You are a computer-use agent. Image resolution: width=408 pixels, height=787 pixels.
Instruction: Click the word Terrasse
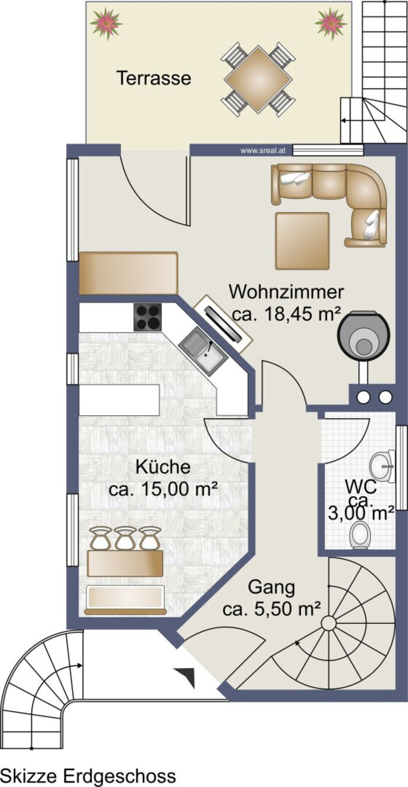[x=154, y=78]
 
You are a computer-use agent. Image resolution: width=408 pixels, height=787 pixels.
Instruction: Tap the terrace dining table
[x=258, y=79]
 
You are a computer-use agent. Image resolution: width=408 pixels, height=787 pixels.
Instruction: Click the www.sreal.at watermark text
[x=262, y=151]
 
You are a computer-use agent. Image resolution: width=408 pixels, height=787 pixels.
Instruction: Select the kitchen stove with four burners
[x=147, y=317]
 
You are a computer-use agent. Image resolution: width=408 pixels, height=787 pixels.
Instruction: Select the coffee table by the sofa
[x=303, y=241]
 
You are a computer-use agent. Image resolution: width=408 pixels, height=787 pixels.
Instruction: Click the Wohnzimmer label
[x=286, y=292]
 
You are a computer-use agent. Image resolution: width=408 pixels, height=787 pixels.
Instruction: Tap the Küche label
[x=163, y=467]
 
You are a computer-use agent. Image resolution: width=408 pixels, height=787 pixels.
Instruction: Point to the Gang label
[x=271, y=588]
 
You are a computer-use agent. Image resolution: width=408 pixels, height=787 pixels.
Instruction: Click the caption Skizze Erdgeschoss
[x=88, y=775]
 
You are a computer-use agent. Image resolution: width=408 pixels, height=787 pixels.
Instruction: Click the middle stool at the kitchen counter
[x=126, y=538]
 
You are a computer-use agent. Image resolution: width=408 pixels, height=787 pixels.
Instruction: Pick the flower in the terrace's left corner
[x=105, y=22]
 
